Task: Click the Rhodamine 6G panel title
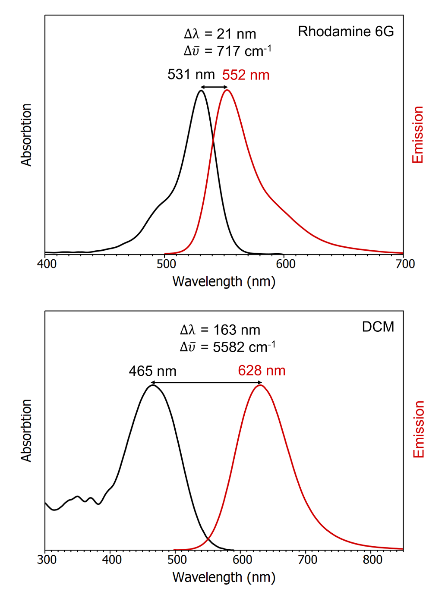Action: (x=346, y=31)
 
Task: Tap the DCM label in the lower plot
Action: (x=378, y=327)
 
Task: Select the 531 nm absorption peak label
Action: (x=191, y=75)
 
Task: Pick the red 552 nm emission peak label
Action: (x=246, y=75)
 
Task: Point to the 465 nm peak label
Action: (x=152, y=371)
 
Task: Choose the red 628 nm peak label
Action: (x=262, y=371)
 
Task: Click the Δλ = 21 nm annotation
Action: (x=220, y=34)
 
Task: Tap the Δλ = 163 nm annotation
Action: (x=220, y=330)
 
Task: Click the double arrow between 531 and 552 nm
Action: (x=214, y=88)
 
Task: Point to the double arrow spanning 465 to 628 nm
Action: (x=207, y=383)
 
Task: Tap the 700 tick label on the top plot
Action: (x=405, y=264)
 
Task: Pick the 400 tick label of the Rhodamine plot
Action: (x=47, y=264)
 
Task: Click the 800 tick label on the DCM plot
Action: (x=372, y=560)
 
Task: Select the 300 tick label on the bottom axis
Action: (x=47, y=560)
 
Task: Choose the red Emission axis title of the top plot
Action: (x=418, y=135)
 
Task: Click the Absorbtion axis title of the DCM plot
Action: (x=26, y=431)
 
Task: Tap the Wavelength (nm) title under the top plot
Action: (x=224, y=281)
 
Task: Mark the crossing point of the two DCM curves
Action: (x=208, y=538)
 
